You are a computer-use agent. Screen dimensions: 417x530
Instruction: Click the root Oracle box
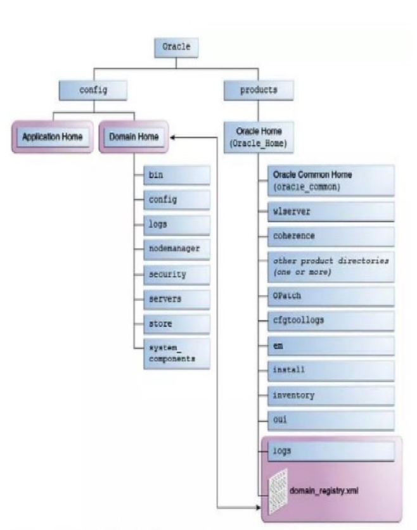coord(176,47)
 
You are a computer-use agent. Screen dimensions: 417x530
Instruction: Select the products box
coord(259,91)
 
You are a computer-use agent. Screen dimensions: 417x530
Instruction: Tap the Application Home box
coord(53,137)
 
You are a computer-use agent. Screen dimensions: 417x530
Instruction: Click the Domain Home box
coord(134,137)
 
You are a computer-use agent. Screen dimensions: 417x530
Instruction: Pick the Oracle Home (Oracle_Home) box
coord(259,137)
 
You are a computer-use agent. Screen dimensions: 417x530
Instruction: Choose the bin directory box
coord(177,175)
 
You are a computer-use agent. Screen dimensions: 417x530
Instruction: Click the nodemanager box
coord(177,249)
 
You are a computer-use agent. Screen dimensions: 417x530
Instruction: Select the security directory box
coord(177,274)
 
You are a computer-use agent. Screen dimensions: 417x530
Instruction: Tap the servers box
coord(177,300)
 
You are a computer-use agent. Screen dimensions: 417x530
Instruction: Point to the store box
coord(177,324)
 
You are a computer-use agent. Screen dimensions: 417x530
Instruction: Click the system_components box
coord(177,353)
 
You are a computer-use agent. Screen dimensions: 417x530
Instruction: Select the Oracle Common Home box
coord(331,180)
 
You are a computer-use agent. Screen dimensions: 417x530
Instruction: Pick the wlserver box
coord(331,211)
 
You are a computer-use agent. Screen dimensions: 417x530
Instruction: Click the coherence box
coord(331,236)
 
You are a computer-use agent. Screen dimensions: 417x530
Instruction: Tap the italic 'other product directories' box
coord(331,267)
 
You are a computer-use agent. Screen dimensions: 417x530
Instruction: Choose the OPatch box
coord(331,296)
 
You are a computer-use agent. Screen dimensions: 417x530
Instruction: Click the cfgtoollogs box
coord(331,321)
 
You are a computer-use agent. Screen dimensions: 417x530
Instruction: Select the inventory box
coord(331,396)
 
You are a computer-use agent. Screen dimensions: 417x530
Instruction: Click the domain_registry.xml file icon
coord(278,491)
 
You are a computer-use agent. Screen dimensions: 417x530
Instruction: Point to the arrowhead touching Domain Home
coord(173,137)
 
